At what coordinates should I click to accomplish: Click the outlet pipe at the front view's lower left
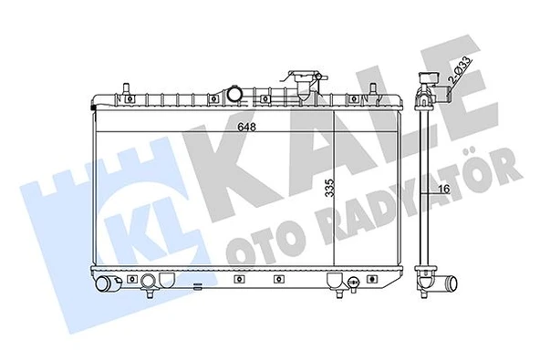click(x=109, y=285)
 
